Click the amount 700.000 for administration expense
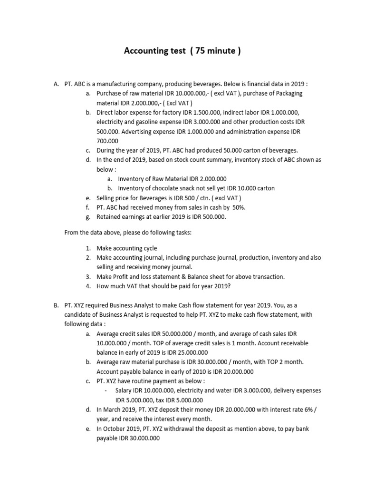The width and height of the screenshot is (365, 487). (107, 141)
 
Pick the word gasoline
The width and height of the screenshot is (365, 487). (144, 122)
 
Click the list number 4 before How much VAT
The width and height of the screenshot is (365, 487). (88, 286)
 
